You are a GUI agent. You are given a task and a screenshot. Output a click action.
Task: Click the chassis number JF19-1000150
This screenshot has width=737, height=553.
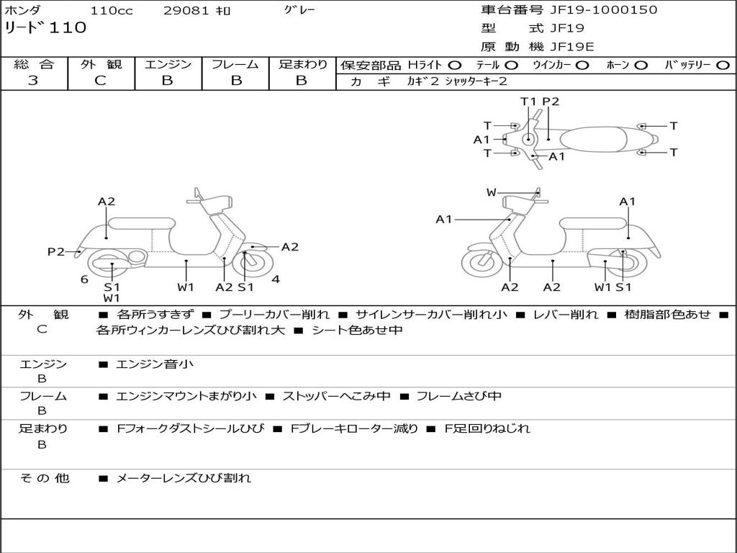(x=604, y=10)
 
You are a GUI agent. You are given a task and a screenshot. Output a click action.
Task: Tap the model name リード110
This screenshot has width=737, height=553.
(x=45, y=28)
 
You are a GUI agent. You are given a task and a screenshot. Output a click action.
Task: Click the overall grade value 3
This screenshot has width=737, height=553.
(x=33, y=80)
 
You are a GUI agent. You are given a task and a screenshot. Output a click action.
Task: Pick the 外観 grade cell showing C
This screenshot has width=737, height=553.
(x=101, y=80)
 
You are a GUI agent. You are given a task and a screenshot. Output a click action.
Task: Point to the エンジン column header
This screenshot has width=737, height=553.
(x=168, y=64)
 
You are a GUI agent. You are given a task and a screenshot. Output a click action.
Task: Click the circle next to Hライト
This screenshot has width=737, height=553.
(x=455, y=66)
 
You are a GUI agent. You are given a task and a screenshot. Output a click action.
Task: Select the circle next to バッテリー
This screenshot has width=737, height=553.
(x=723, y=66)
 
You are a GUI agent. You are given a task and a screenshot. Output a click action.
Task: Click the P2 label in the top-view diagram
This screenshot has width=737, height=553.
(x=551, y=102)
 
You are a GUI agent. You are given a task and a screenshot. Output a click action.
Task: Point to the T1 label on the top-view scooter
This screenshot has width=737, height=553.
(x=529, y=102)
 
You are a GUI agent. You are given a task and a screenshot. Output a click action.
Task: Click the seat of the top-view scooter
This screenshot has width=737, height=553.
(x=593, y=139)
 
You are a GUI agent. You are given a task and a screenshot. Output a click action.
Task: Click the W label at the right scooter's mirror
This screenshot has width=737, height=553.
(x=491, y=192)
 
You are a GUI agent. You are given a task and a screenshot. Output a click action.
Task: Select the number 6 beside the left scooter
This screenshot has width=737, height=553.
(x=84, y=279)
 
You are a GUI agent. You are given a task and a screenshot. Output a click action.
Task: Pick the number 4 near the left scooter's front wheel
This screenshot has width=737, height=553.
(x=276, y=279)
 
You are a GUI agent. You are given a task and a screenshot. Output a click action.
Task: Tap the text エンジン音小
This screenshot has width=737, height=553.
(x=154, y=364)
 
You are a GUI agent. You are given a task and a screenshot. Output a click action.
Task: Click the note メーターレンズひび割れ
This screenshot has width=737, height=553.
(x=184, y=478)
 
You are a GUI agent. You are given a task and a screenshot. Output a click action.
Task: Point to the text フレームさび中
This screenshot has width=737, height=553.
(x=459, y=397)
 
